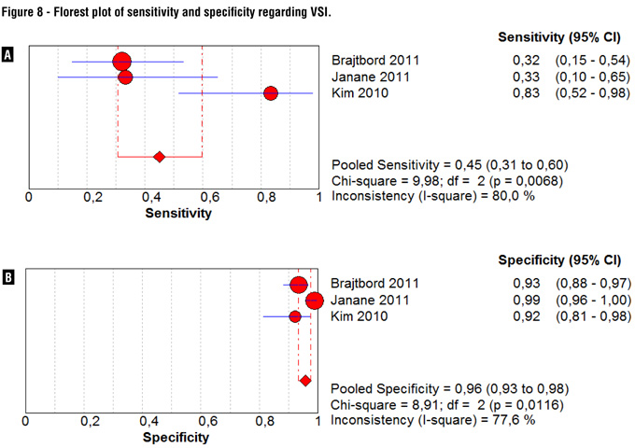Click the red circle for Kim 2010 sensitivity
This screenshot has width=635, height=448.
point(271,93)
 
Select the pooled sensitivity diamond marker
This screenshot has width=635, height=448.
point(159,157)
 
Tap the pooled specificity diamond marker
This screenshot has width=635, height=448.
point(304,381)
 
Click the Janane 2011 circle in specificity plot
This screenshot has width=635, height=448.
point(314,301)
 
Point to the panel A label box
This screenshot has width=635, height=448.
point(8,56)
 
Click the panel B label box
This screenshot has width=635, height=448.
point(8,276)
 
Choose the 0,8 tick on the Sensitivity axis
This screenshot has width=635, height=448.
point(262,197)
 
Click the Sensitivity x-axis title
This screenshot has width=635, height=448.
point(178,213)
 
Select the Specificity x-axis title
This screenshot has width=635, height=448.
point(176,437)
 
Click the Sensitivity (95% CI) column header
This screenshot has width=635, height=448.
point(559,37)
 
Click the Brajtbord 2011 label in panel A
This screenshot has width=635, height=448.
point(375,61)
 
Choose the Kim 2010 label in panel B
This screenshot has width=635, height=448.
point(360,316)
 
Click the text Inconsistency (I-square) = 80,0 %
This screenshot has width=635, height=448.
point(432,196)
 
